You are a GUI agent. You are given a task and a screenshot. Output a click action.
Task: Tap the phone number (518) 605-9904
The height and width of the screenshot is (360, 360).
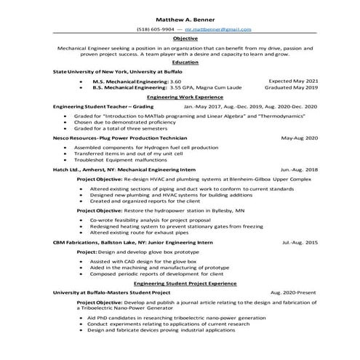pyautogui.click(x=153, y=29)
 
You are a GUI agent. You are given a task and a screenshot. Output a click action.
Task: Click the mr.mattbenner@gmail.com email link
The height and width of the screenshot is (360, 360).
pyautogui.click(x=217, y=29)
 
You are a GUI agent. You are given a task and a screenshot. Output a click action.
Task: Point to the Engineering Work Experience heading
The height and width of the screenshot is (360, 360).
pyautogui.click(x=180, y=96)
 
